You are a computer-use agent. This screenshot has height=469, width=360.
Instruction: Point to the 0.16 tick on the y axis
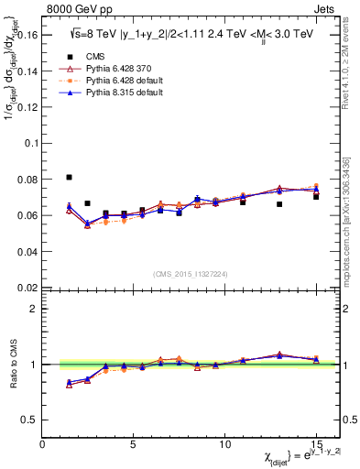pyautogui.click(x=25, y=35)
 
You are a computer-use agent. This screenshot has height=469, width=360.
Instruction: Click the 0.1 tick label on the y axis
pyautogui.click(x=28, y=143)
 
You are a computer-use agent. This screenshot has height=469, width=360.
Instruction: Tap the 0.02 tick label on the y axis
pyautogui.click(x=25, y=287)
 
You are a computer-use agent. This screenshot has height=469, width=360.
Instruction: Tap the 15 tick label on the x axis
pyautogui.click(x=315, y=444)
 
